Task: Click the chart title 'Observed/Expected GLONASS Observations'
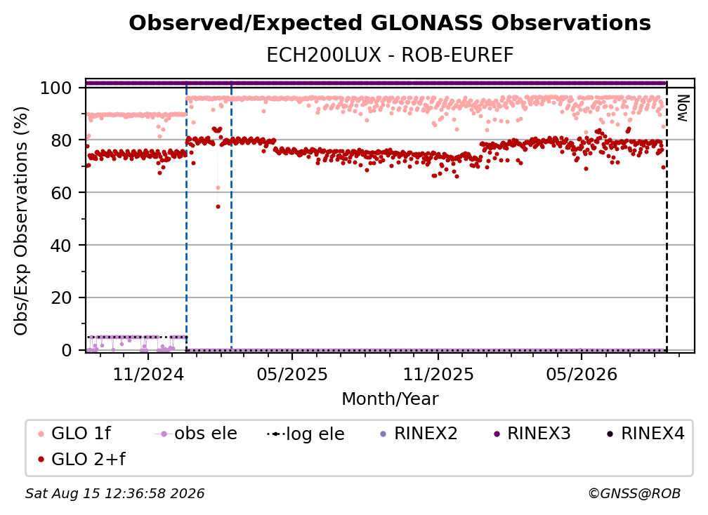click(390, 23)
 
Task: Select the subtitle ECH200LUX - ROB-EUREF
click(390, 55)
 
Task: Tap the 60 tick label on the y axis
click(61, 193)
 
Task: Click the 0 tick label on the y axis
click(67, 350)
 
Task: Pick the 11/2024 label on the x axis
click(148, 374)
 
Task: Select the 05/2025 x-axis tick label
click(292, 374)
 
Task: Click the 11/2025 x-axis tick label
click(438, 374)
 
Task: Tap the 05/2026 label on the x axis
click(582, 374)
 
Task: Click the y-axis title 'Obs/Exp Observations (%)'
click(21, 220)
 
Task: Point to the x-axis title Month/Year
click(390, 399)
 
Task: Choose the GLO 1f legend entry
click(74, 434)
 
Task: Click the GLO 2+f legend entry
click(81, 459)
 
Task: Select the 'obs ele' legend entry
click(195, 434)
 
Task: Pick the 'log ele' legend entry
click(306, 434)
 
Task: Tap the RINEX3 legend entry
click(532, 434)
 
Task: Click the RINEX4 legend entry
click(645, 434)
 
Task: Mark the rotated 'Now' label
click(682, 108)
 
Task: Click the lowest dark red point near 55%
click(218, 206)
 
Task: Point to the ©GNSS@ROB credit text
click(634, 493)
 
